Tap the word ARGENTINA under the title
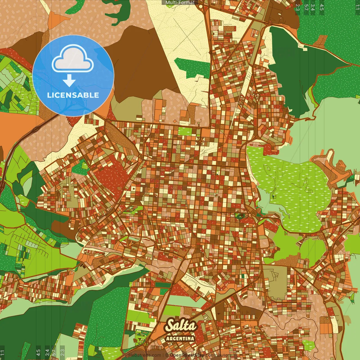tap(180, 338)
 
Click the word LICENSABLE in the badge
tap(73, 95)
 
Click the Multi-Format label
tap(180, 3)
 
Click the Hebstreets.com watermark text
tap(145, 355)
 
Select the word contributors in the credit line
tap(218, 355)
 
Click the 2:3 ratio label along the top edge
tap(298, 7)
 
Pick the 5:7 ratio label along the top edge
tap(306, 7)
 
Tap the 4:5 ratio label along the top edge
tap(322, 7)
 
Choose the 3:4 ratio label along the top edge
tap(313, 7)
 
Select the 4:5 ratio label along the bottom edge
tap(38, 352)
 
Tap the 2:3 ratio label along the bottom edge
tap(62, 352)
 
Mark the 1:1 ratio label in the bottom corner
tap(2, 352)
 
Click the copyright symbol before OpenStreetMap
tap(167, 355)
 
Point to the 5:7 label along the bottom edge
tap(54, 352)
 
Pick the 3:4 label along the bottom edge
tap(47, 352)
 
